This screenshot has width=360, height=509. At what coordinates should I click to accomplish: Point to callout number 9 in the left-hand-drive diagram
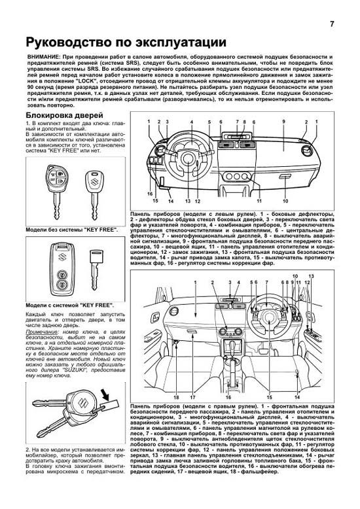pyautogui.click(x=283, y=122)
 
